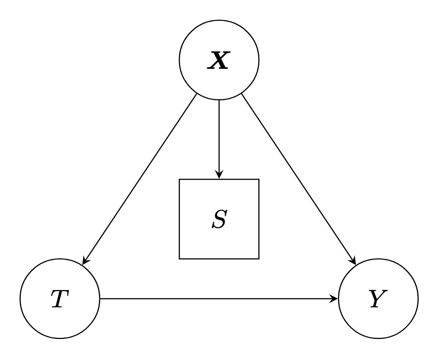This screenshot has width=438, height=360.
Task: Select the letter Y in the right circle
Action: [378, 299]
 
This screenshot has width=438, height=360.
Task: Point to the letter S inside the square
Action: [219, 219]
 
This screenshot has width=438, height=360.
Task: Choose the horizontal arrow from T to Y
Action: [219, 299]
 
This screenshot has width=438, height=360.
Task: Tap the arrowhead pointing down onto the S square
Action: [219, 175]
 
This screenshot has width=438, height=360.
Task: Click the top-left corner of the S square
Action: [179, 179]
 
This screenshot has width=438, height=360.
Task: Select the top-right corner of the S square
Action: [259, 179]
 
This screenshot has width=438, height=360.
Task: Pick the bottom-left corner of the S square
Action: [179, 259]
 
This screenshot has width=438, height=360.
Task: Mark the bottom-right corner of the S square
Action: [259, 259]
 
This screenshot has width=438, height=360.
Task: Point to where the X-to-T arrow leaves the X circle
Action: [196, 94]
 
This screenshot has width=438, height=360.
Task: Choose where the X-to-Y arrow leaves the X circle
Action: [242, 94]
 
